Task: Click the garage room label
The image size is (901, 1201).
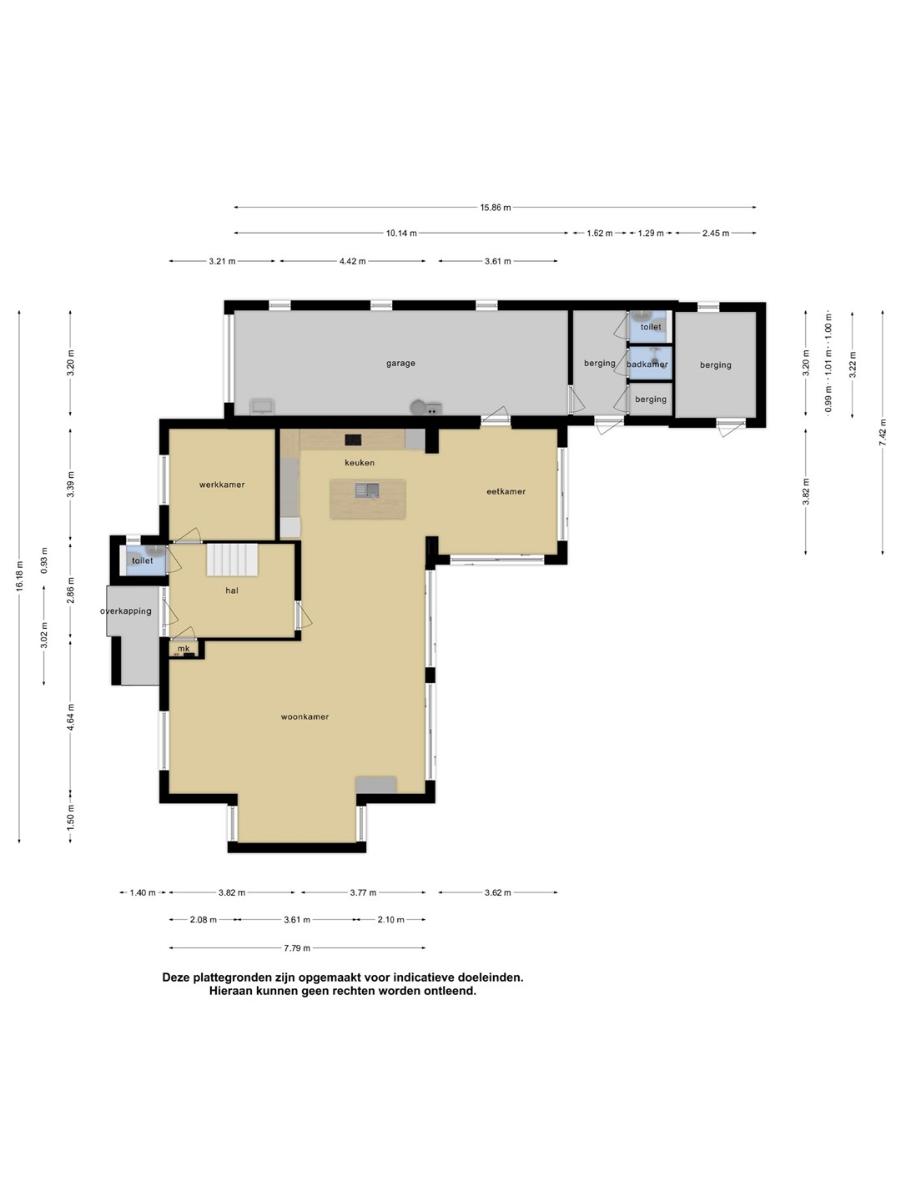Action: pyautogui.click(x=400, y=364)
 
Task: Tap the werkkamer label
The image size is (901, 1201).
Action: pyautogui.click(x=222, y=485)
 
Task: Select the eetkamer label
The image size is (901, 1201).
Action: pyautogui.click(x=506, y=491)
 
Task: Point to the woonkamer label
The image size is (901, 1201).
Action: pyautogui.click(x=305, y=716)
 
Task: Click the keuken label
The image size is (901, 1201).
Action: pyautogui.click(x=360, y=462)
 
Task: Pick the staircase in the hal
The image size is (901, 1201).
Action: pyautogui.click(x=232, y=559)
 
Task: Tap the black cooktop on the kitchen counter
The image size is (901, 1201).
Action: pyautogui.click(x=353, y=440)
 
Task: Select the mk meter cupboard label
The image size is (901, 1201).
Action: pyautogui.click(x=184, y=648)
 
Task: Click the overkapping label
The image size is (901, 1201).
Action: pyautogui.click(x=126, y=611)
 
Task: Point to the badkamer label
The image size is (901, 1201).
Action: pyautogui.click(x=647, y=364)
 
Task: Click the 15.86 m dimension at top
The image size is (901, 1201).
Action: pyautogui.click(x=496, y=208)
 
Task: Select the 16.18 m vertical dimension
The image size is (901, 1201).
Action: pyautogui.click(x=20, y=576)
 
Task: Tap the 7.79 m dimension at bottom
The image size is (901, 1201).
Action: pyautogui.click(x=297, y=947)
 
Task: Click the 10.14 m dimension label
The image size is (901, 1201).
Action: pyautogui.click(x=401, y=233)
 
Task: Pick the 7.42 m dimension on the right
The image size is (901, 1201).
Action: pyautogui.click(x=883, y=432)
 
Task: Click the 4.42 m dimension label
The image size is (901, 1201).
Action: pyautogui.click(x=352, y=261)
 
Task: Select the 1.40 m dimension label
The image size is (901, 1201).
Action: pyautogui.click(x=142, y=892)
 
